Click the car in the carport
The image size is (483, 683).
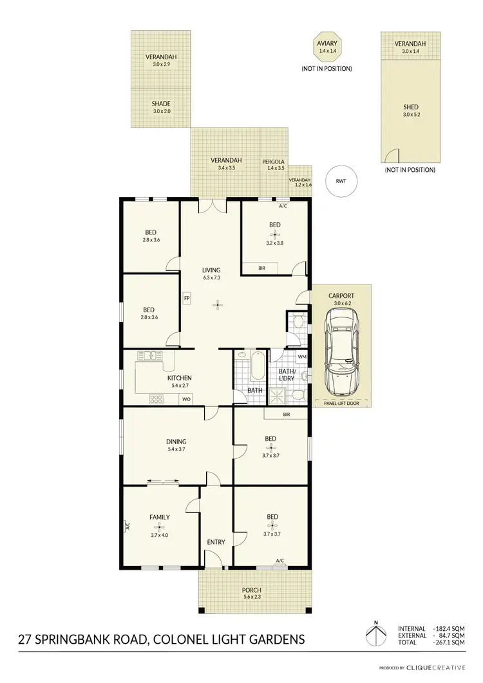click(x=341, y=351)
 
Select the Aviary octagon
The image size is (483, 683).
click(x=325, y=47)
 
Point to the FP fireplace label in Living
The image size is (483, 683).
click(x=187, y=298)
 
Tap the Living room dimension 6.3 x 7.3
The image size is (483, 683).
click(x=211, y=278)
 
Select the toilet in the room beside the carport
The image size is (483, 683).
click(x=297, y=322)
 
